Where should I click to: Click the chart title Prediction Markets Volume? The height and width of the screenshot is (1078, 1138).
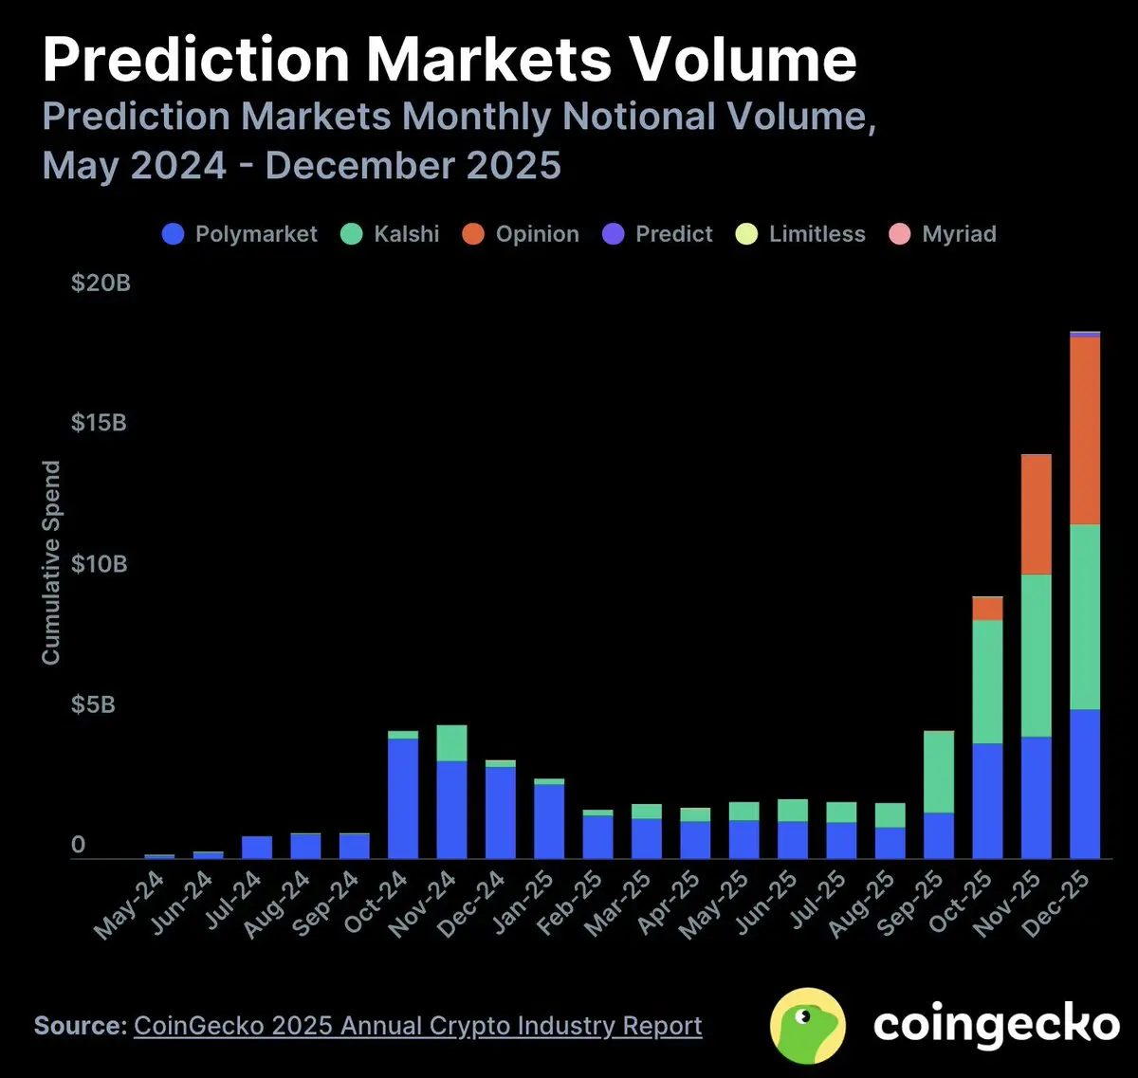pos(450,61)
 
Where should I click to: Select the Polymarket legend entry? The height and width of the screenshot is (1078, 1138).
pos(240,234)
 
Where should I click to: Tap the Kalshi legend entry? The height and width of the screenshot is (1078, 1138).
pos(390,234)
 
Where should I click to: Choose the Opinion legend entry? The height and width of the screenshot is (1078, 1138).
pos(521,234)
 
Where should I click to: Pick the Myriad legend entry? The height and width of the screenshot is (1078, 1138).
pos(943,234)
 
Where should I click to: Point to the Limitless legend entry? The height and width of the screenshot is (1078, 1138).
pos(800,234)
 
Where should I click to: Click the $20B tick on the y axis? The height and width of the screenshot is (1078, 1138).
pos(101,283)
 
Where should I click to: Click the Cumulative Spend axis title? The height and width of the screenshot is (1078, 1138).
pos(51,562)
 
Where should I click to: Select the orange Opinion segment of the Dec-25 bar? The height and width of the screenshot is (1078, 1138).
pos(1085,430)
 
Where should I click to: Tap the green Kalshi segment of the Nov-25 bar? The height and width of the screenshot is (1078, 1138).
pos(1036,655)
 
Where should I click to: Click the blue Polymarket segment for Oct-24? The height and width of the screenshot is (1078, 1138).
pos(403,798)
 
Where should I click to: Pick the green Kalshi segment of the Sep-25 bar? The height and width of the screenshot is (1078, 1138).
pos(939,772)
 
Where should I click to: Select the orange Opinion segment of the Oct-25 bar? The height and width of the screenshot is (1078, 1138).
pos(987,609)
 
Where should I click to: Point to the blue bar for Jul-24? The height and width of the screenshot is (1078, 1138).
pos(257,848)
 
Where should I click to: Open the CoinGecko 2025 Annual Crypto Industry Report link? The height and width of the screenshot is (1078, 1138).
pos(417,1026)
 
